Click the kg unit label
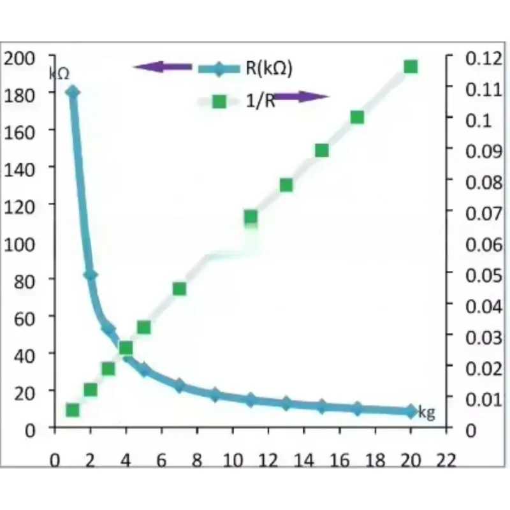(426, 413)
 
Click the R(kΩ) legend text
(268, 68)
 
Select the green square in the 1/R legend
(219, 101)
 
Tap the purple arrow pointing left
(163, 66)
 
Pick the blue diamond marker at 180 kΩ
(72, 92)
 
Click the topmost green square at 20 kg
(411, 67)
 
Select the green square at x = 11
(251, 217)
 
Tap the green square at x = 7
(179, 289)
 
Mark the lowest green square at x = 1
(73, 411)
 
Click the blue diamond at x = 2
(91, 275)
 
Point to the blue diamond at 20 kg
(411, 411)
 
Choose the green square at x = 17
(357, 117)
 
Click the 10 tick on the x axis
(232, 461)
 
